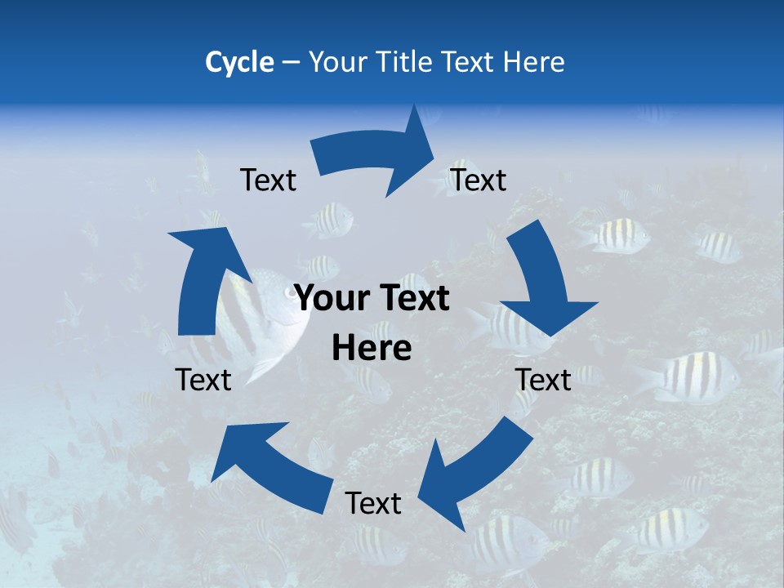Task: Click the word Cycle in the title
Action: pos(239,62)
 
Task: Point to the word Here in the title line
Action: pos(532,62)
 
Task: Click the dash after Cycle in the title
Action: pos(290,63)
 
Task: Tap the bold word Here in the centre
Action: pos(372,348)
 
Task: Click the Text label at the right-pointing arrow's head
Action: pos(479,180)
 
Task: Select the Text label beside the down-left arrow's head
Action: pos(373,503)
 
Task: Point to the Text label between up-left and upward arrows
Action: pos(203,380)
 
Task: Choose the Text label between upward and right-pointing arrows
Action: pos(268,180)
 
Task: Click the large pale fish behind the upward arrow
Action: pos(274,327)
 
